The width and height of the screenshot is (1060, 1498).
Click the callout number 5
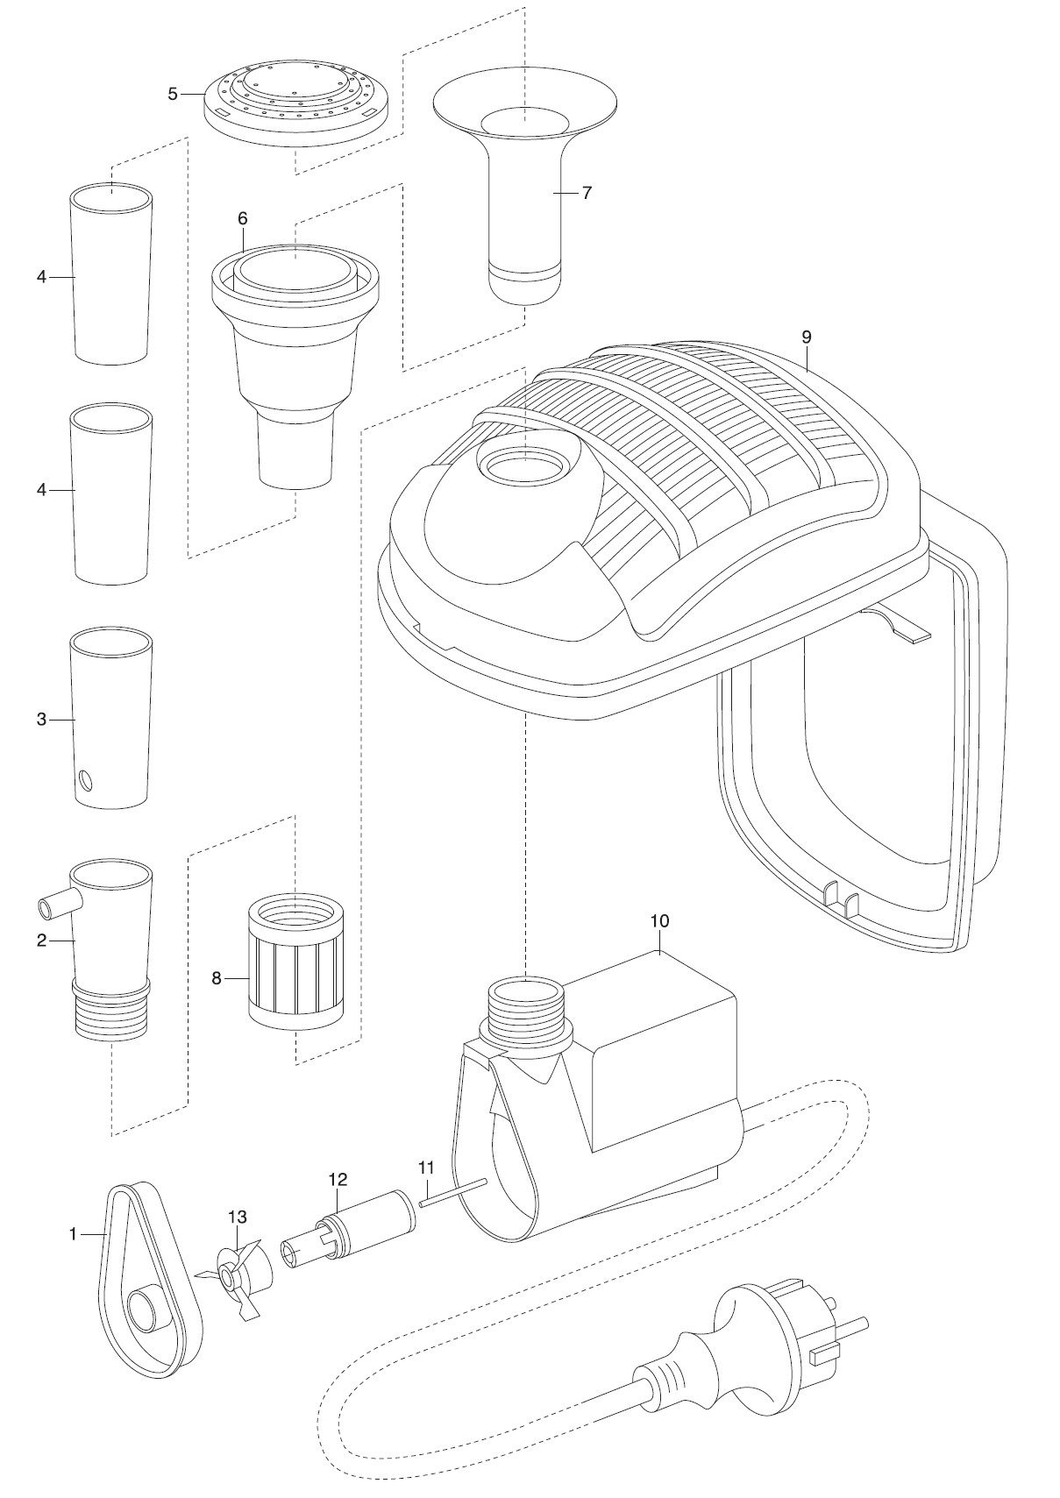coord(173,94)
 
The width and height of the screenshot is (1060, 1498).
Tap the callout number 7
coord(587,193)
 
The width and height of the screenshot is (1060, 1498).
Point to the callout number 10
coord(659,921)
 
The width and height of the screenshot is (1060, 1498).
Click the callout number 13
coord(237,1217)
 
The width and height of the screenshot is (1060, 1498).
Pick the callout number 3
coord(41,720)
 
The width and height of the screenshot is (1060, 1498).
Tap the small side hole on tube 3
coord(85,778)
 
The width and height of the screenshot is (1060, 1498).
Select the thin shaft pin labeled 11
coord(452,1193)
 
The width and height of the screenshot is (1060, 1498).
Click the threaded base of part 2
coord(111,1014)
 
